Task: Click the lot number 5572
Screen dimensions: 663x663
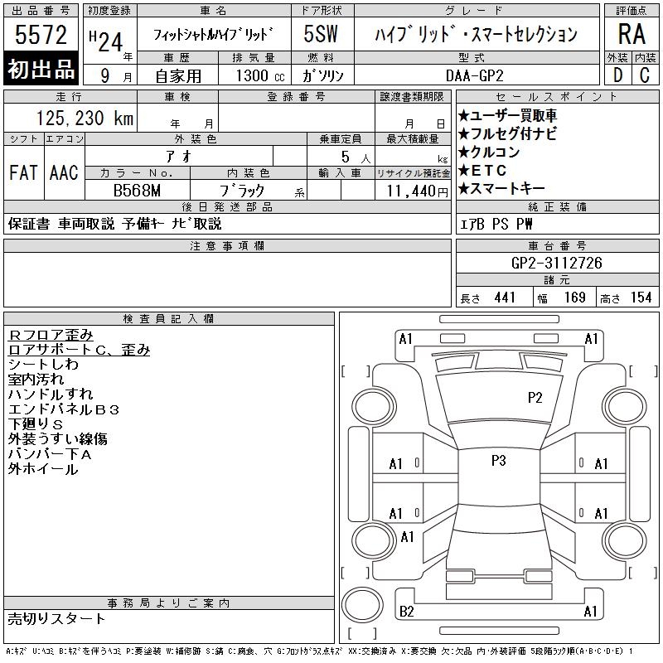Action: point(41,35)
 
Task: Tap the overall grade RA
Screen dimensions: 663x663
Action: point(632,34)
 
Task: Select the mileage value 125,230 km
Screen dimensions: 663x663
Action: point(85,118)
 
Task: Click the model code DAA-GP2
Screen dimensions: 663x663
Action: point(474,75)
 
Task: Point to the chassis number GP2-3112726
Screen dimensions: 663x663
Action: point(556,263)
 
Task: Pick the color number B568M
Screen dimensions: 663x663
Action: point(137,191)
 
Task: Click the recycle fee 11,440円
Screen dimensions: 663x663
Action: point(418,191)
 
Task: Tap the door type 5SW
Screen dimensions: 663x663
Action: point(321,34)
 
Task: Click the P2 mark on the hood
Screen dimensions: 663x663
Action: point(535,398)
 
